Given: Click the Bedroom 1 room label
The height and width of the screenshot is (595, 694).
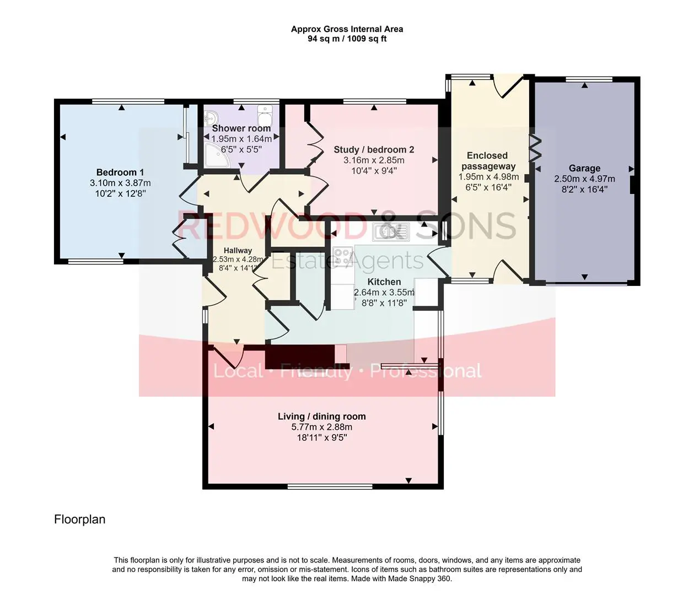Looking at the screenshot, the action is [x=120, y=172].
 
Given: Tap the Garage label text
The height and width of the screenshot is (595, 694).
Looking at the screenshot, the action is [x=584, y=168].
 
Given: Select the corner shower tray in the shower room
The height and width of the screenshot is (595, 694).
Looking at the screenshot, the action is [x=217, y=155].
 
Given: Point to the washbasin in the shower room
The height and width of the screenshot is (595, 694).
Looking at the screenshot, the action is [x=212, y=118].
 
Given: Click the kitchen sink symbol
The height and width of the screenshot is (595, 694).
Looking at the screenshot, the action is [x=391, y=231].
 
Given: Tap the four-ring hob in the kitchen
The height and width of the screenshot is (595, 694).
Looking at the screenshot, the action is [x=343, y=257].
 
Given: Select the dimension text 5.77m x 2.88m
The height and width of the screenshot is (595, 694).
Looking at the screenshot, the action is [x=322, y=427].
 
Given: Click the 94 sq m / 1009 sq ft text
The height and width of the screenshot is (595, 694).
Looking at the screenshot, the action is [x=347, y=39].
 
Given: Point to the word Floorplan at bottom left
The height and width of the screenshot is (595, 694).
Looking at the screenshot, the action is [x=79, y=519].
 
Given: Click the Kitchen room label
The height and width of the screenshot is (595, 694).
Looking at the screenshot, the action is [x=384, y=282].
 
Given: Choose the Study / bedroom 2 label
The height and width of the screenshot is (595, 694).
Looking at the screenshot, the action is [x=374, y=149].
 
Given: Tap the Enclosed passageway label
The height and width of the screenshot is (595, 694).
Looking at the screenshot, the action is [x=487, y=161].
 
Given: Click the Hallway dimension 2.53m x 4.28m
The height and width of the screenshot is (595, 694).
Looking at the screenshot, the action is [x=238, y=259].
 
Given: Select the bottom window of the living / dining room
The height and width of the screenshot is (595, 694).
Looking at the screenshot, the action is [x=330, y=486].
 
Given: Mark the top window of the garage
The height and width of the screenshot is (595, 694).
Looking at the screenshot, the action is [x=589, y=79].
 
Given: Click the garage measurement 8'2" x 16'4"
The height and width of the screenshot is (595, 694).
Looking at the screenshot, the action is [x=584, y=190].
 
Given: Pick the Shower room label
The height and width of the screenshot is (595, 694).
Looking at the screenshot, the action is [x=241, y=128].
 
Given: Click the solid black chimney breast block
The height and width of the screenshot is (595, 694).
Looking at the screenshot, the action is [x=300, y=357].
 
